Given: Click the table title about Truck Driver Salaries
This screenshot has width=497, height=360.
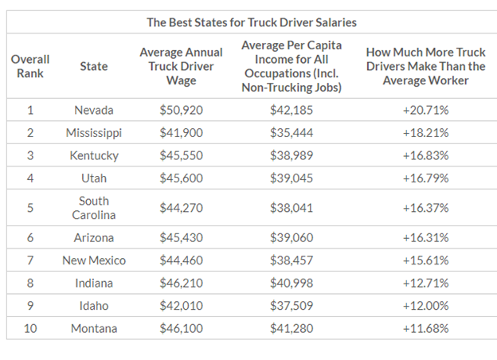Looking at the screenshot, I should (x=250, y=22).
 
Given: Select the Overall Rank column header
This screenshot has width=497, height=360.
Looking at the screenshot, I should (x=30, y=66).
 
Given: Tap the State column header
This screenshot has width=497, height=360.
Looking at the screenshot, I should (x=94, y=66).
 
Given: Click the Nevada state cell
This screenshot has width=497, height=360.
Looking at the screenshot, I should (x=94, y=110).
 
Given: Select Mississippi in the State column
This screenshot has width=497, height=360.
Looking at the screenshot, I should (x=94, y=132).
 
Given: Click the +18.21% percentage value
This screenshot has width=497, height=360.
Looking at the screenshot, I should (x=425, y=132).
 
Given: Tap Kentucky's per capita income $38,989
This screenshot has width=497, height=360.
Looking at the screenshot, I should (x=291, y=155).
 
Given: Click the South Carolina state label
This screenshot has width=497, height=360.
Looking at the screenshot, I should (x=94, y=208).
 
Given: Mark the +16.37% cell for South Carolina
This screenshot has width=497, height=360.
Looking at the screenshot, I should (x=425, y=208).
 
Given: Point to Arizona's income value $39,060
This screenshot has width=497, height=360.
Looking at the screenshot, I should (x=291, y=237).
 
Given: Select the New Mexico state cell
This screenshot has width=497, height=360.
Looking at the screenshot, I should (x=94, y=260).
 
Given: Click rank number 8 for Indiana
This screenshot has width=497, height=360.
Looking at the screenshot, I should (x=30, y=283).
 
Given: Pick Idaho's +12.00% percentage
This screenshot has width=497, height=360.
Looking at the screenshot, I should (x=425, y=306).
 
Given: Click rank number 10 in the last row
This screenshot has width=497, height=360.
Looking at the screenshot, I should (x=30, y=328).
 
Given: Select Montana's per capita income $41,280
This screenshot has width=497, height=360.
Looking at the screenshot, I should (x=291, y=328).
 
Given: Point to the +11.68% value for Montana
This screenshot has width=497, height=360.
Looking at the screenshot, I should (x=425, y=328).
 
